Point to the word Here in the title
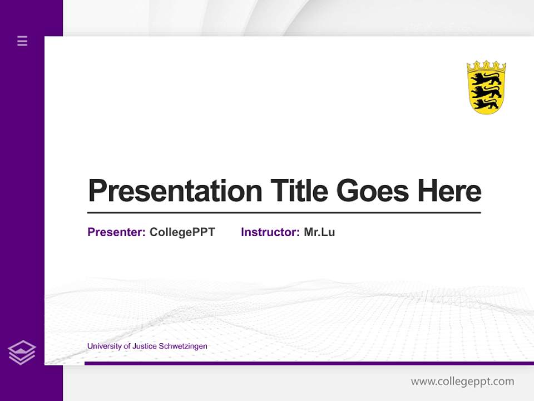449,191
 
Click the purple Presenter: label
116,232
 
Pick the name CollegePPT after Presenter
182,232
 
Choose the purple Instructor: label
270,232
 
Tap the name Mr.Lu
319,232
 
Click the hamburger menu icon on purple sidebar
22,41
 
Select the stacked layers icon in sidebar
22,353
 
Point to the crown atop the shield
486,66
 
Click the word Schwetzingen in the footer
183,346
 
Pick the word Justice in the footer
145,346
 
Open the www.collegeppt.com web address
462,382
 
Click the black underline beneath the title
284,213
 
